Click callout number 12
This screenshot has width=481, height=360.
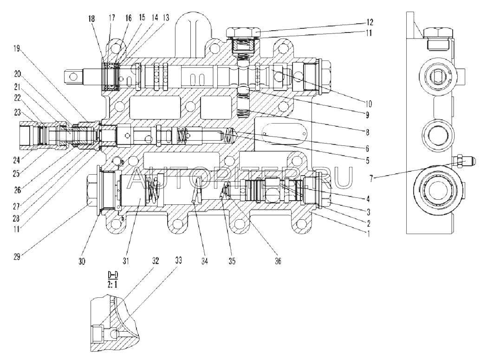click(370, 22)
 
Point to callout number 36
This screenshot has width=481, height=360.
click(278, 261)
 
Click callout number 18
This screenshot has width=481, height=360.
click(91, 19)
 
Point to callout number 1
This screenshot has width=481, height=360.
click(369, 234)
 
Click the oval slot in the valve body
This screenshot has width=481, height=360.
click(284, 132)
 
